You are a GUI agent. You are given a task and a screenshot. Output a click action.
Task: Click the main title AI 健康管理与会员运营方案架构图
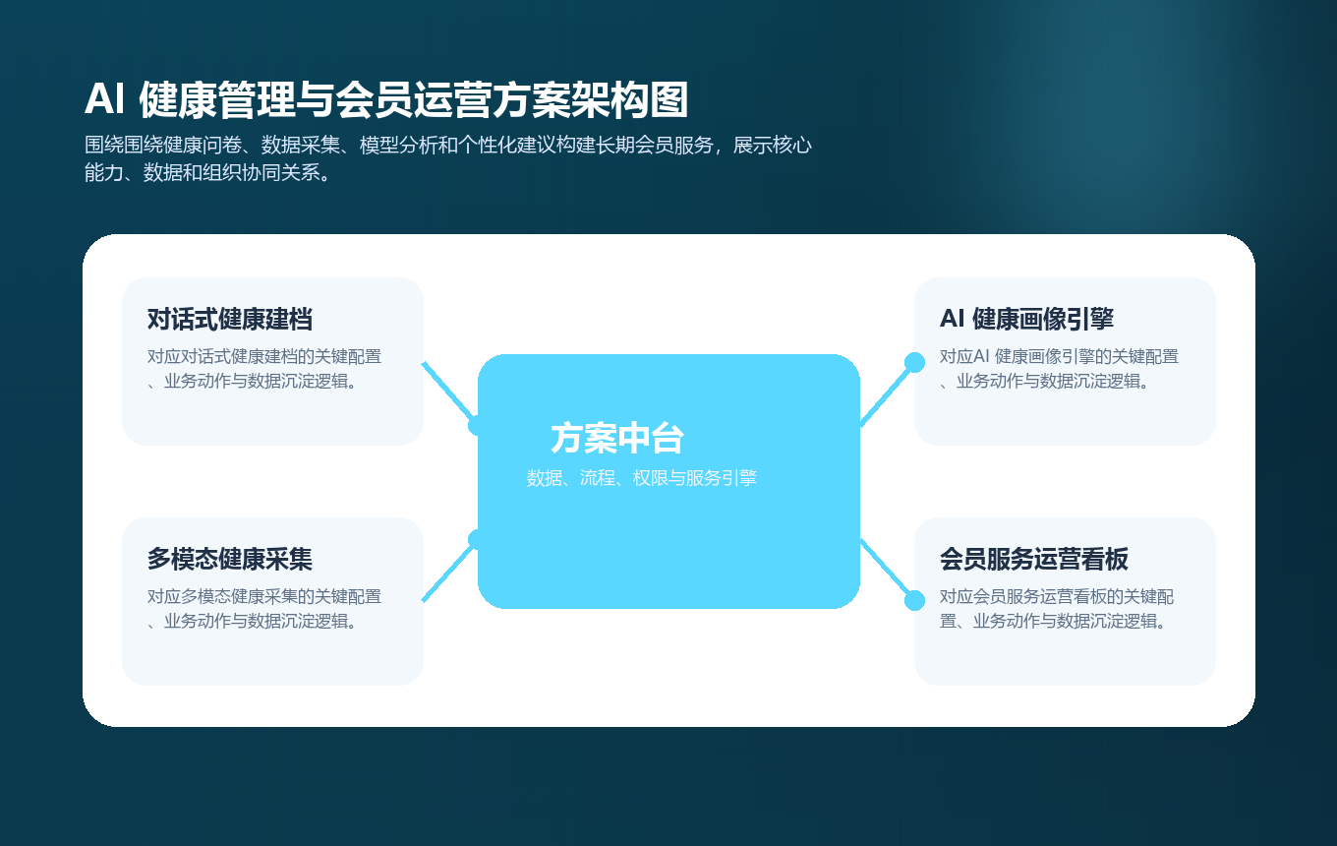[385, 99]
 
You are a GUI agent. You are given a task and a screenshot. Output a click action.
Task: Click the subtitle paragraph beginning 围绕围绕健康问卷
[447, 159]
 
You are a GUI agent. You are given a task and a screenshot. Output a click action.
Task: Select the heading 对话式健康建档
[230, 319]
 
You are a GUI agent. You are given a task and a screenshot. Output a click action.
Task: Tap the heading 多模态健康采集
[230, 559]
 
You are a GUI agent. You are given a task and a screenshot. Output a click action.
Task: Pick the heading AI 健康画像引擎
[1026, 319]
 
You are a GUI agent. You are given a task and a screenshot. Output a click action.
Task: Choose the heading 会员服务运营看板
[1033, 559]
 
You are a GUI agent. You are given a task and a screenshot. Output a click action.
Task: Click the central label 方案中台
[616, 438]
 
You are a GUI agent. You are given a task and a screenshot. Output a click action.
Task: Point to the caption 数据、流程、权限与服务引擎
[641, 478]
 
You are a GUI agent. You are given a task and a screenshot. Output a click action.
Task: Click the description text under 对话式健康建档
[264, 369]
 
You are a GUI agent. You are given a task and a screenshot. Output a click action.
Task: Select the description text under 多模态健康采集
[264, 609]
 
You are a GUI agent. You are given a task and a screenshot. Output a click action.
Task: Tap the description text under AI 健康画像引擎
[1059, 369]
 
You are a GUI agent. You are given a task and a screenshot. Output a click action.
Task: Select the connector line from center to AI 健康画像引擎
[887, 394]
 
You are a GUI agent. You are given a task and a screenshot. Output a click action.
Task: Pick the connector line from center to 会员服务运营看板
[887, 570]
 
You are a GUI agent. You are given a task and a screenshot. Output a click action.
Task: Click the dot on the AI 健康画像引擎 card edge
[914, 363]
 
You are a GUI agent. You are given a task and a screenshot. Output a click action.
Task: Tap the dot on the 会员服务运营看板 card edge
[914, 600]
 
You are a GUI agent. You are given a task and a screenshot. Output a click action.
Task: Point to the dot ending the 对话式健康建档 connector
[478, 425]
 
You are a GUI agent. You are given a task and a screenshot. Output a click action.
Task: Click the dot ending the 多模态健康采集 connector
[478, 539]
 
